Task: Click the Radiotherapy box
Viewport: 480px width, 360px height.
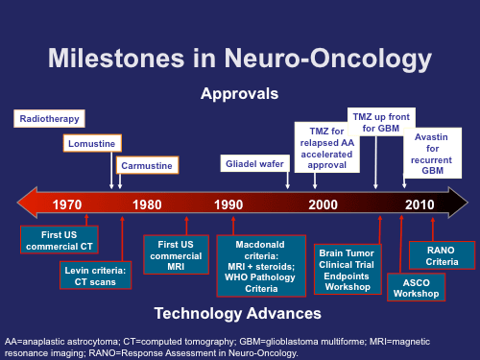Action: click(49, 119)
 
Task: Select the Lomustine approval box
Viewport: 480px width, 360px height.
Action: click(92, 143)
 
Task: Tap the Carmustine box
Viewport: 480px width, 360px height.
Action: click(147, 165)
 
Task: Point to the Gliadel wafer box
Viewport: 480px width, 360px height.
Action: click(255, 163)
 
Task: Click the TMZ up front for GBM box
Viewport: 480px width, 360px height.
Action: click(381, 122)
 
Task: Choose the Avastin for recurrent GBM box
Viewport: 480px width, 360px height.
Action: click(432, 154)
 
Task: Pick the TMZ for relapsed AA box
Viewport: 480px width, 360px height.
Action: click(327, 148)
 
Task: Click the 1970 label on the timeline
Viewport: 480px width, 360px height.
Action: click(67, 204)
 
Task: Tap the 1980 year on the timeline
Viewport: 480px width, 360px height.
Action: click(147, 204)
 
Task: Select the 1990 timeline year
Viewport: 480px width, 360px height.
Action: click(228, 204)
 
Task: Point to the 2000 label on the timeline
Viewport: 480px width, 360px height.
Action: click(323, 204)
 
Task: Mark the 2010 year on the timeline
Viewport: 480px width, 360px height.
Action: click(420, 204)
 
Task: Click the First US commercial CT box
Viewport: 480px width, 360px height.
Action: click(60, 240)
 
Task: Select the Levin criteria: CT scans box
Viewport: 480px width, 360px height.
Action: click(95, 276)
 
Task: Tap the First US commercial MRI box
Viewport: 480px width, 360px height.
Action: click(176, 255)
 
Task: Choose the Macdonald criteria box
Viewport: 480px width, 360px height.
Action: click(261, 266)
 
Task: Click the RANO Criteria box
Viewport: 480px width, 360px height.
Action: click(442, 255)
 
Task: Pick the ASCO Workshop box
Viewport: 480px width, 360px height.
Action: click(416, 287)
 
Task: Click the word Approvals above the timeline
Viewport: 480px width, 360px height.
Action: click(240, 94)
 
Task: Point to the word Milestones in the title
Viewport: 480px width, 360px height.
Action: click(116, 59)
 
